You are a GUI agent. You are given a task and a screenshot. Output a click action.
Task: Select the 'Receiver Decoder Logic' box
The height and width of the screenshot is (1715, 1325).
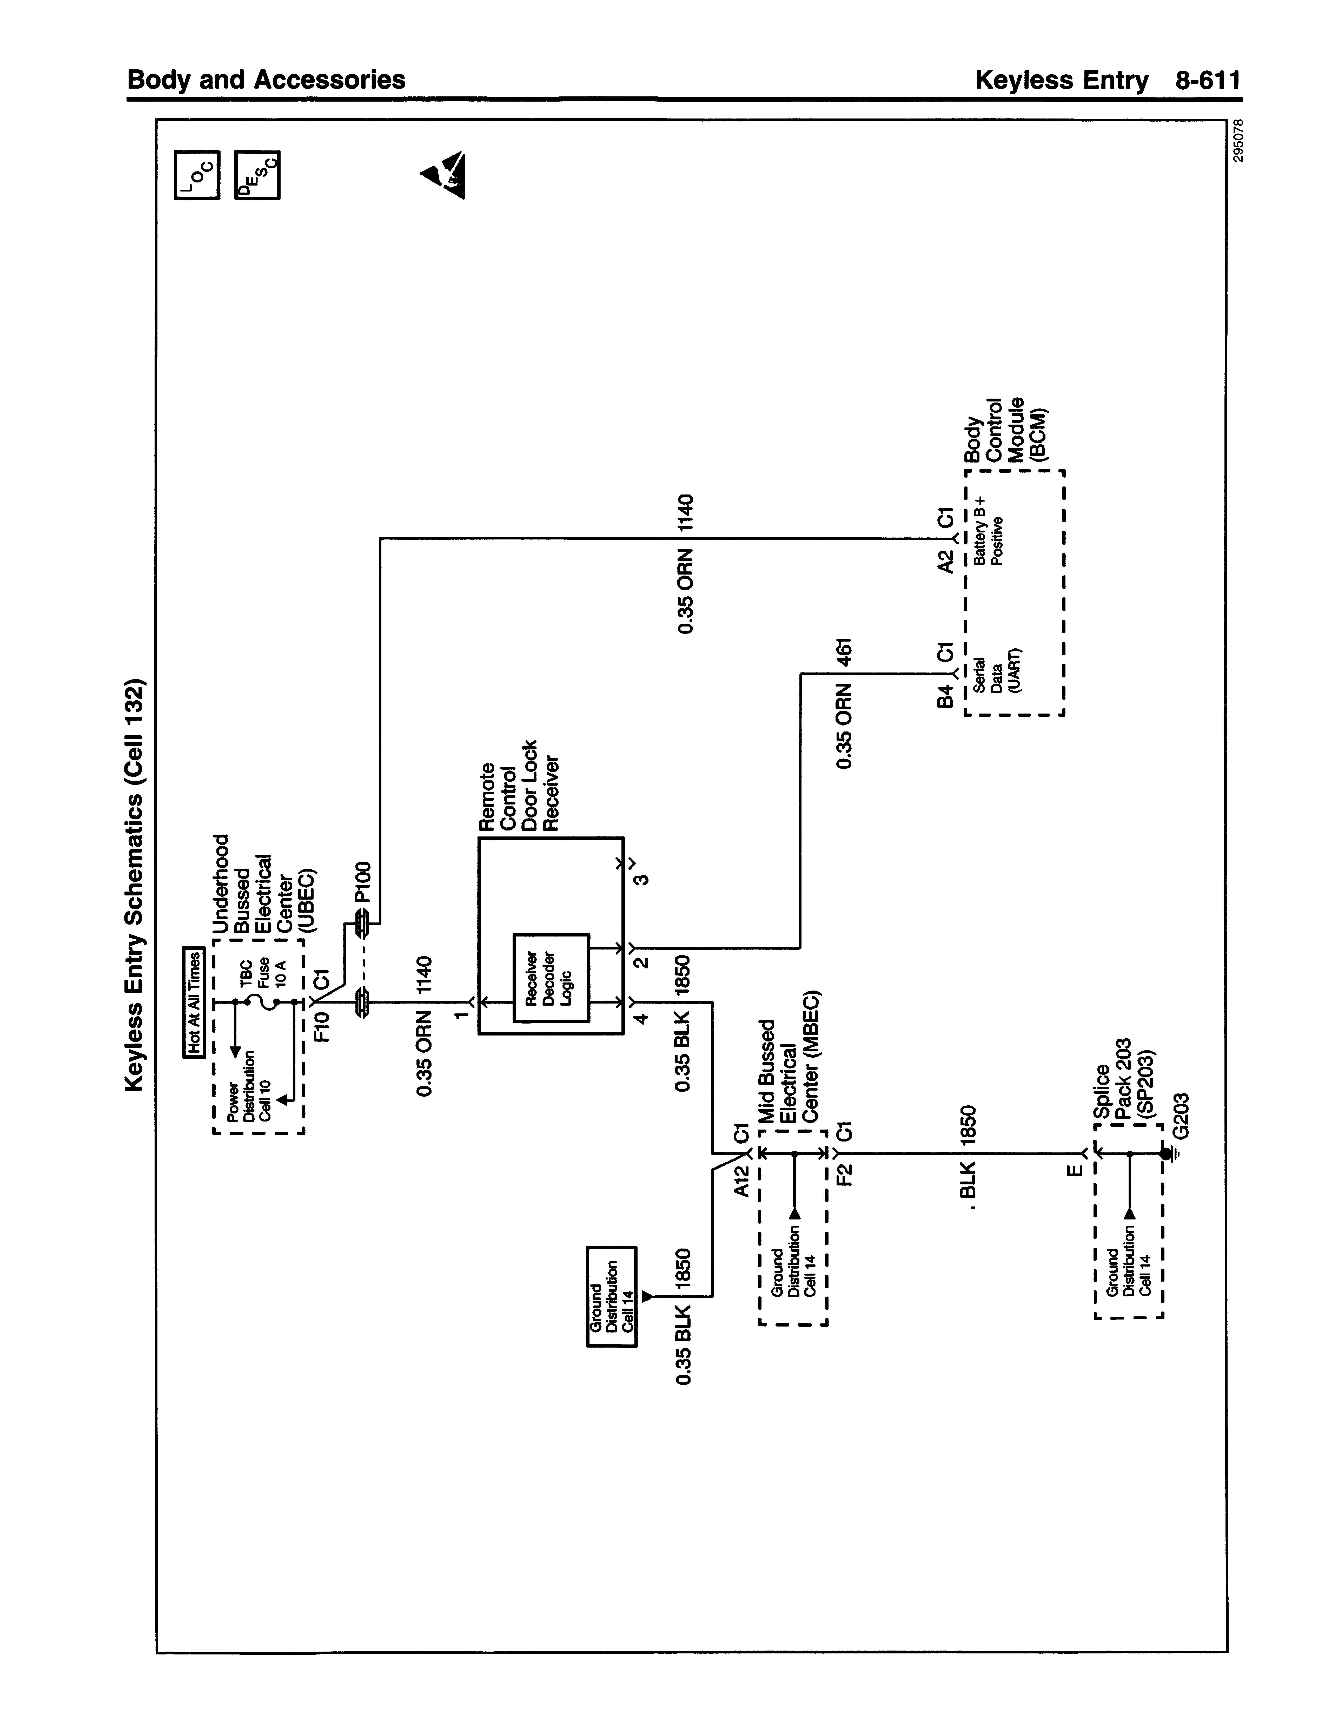(x=551, y=978)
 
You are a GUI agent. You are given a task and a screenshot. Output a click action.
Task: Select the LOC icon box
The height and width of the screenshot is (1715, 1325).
(x=197, y=174)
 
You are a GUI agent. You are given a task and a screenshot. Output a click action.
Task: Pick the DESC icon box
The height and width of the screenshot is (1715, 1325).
(x=257, y=174)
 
